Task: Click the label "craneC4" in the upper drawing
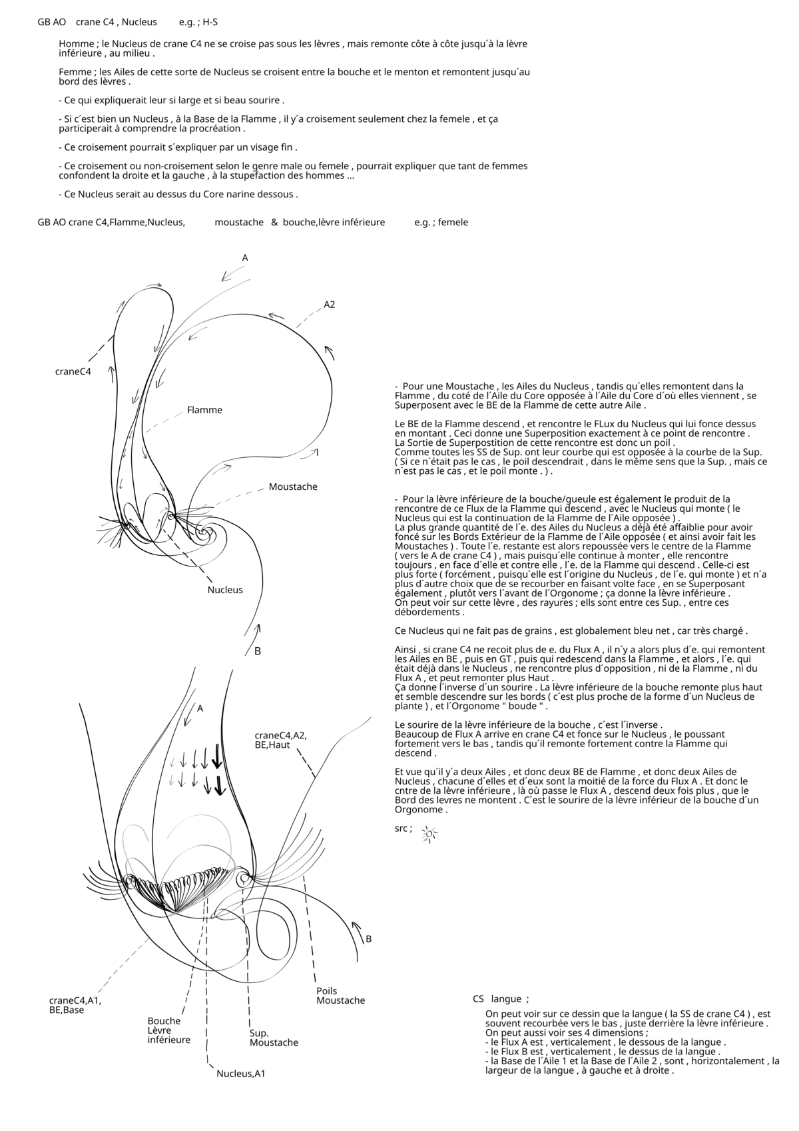point(73,371)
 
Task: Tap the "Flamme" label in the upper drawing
point(204,410)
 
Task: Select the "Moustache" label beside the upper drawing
point(293,487)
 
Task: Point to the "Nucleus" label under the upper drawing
point(225,589)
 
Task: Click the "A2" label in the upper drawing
point(330,305)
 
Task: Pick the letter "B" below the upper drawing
point(258,651)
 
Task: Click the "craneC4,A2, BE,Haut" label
point(280,740)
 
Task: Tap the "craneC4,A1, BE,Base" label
point(75,1004)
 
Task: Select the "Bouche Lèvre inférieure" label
point(169,1030)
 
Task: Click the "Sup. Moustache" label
point(274,1038)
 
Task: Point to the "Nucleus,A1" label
point(240,1074)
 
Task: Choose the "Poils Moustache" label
point(340,995)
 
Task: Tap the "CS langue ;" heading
point(501,998)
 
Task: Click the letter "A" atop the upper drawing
point(245,258)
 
